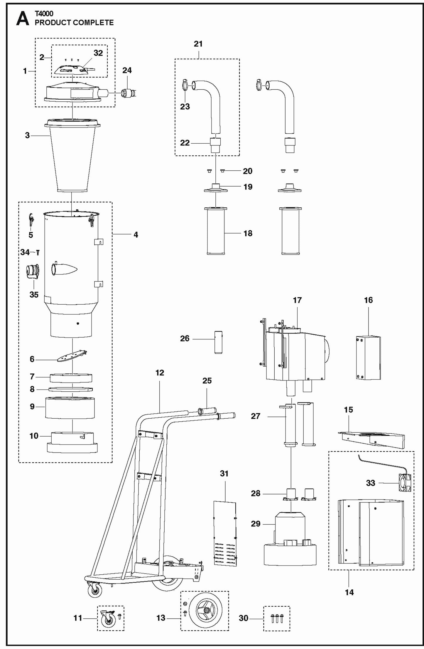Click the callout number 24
coord(127,70)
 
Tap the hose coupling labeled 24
coord(129,93)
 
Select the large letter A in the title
coord(23,19)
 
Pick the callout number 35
coord(34,294)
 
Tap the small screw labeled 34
coord(38,252)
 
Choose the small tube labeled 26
coord(218,342)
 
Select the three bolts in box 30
coord(277,618)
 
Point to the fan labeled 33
coord(404,483)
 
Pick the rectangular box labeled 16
coord(369,358)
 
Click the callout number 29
coord(255,524)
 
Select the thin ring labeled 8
coord(71,389)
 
